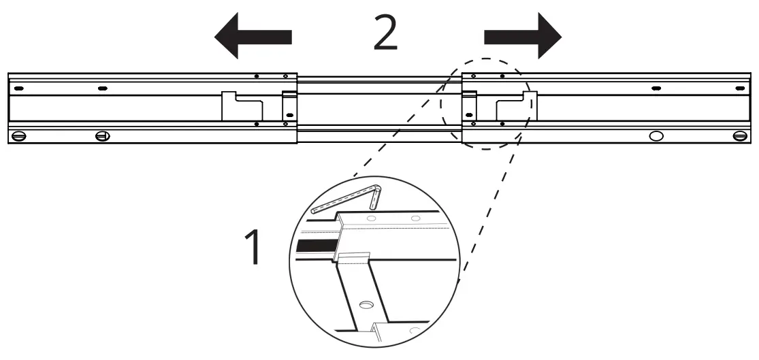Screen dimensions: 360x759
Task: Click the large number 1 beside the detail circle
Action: (x=253, y=248)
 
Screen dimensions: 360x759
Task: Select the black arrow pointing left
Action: (x=253, y=39)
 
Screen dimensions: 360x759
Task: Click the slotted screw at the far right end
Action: (x=740, y=136)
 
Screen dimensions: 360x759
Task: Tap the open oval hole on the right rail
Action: (x=656, y=136)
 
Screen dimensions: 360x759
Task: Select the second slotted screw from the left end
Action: (x=102, y=136)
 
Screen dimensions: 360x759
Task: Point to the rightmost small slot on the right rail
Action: (x=738, y=88)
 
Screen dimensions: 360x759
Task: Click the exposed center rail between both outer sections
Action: (x=378, y=109)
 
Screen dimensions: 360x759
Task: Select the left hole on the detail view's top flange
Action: (x=371, y=218)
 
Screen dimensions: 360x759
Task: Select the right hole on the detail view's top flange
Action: (x=415, y=219)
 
